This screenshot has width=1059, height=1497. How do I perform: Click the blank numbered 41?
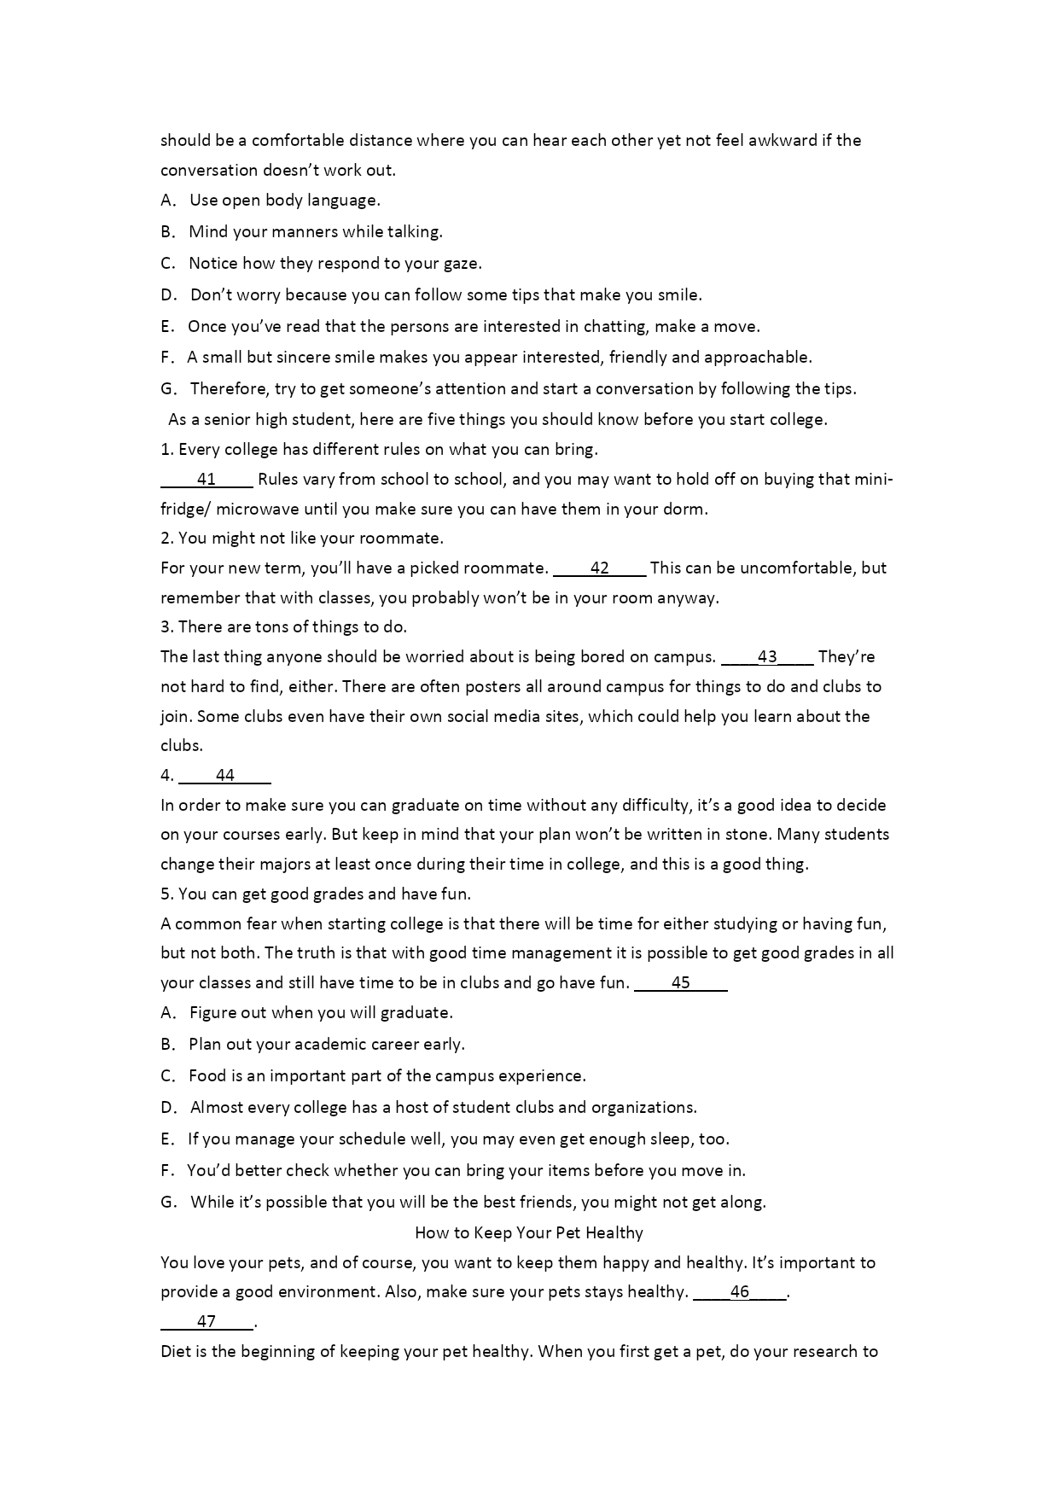coord(207,480)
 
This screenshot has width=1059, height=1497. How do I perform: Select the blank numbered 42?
coord(599,568)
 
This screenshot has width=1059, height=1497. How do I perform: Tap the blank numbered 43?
coord(766,657)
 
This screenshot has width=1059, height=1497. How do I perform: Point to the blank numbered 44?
coord(225,776)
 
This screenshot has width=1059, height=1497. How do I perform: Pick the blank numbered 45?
coord(680,983)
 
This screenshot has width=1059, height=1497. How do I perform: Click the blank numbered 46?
coord(739,1292)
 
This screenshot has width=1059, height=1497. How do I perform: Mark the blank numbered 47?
coord(207,1322)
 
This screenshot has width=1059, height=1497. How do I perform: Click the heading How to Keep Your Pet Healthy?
coord(528,1233)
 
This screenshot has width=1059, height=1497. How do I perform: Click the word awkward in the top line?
coord(783,141)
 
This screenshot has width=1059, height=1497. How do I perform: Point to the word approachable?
coord(757,358)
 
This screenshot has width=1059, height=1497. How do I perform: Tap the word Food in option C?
coord(207,1076)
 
